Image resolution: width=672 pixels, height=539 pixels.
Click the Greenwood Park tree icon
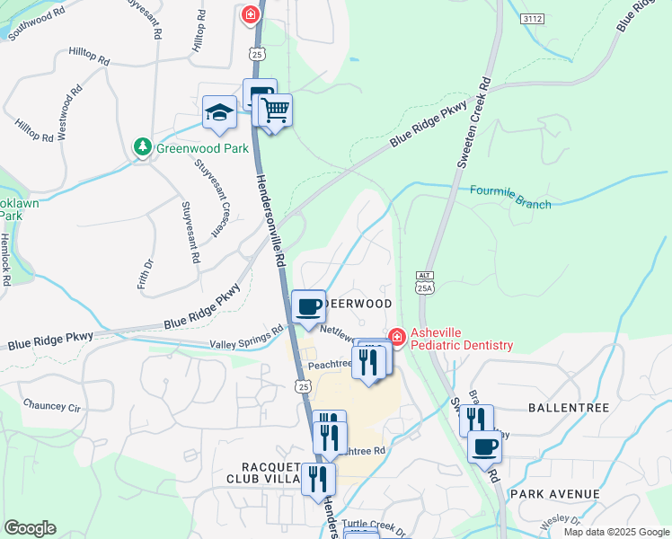coord(142,146)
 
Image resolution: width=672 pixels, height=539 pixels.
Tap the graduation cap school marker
coord(219,112)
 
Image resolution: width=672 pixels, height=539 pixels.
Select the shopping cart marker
coord(276,111)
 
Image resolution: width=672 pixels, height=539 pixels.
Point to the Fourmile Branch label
coord(510,197)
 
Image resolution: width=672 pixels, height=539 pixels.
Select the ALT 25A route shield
coord(425,281)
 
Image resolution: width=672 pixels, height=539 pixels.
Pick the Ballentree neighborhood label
coord(569,408)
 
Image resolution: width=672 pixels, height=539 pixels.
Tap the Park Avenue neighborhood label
coord(554,494)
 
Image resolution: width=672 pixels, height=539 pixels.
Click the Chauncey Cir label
coord(52,407)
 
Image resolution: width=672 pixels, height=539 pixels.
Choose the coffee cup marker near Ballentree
coord(484,446)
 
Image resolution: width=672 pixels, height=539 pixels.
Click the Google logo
coord(30,528)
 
